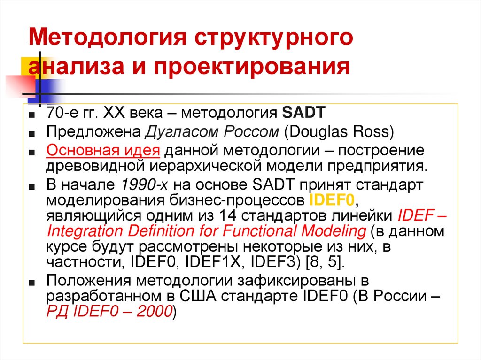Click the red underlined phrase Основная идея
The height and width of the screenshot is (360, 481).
click(103, 151)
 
